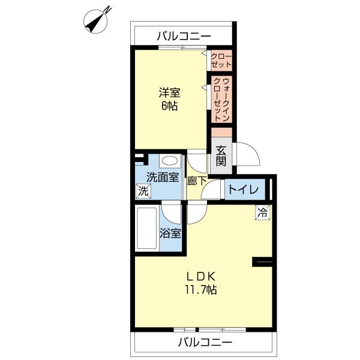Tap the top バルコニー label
pos(184,36)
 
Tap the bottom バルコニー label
pos(204,343)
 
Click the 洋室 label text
pos(169,93)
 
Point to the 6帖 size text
pos(169,106)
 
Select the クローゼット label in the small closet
pos(221,60)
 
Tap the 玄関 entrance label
pos(221,155)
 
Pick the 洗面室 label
pos(163,177)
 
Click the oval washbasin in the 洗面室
pos(170,161)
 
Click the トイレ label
pos(242,190)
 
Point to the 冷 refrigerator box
pos(262,211)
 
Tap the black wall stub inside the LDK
pos(262,262)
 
